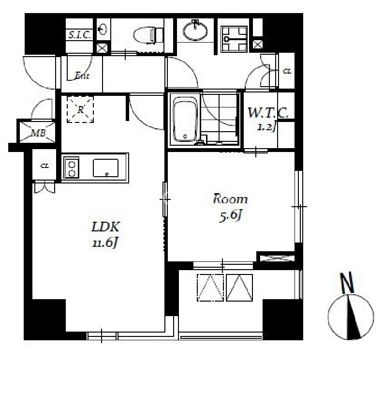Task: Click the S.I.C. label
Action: pyautogui.click(x=79, y=35)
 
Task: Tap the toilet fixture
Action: pyautogui.click(x=148, y=35)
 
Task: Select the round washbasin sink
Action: pyautogui.click(x=195, y=31)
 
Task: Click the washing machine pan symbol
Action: pyautogui.click(x=234, y=39)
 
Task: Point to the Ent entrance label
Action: pyautogui.click(x=82, y=76)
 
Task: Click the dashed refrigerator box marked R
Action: pyautogui.click(x=80, y=109)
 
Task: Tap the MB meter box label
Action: pyautogui.click(x=38, y=133)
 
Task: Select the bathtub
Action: pyautogui.click(x=185, y=119)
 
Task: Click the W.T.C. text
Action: pyautogui.click(x=268, y=113)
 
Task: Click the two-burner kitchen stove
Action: pyautogui.click(x=72, y=167)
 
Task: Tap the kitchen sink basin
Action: pyautogui.click(x=106, y=168)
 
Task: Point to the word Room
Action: pyautogui.click(x=230, y=199)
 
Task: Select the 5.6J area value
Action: pyautogui.click(x=231, y=216)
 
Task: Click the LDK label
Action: pyautogui.click(x=105, y=227)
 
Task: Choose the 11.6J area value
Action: pyautogui.click(x=105, y=243)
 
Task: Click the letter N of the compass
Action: pyautogui.click(x=347, y=283)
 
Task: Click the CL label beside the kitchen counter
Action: pyautogui.click(x=45, y=166)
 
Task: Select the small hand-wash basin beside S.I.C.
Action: pyautogui.click(x=103, y=30)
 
